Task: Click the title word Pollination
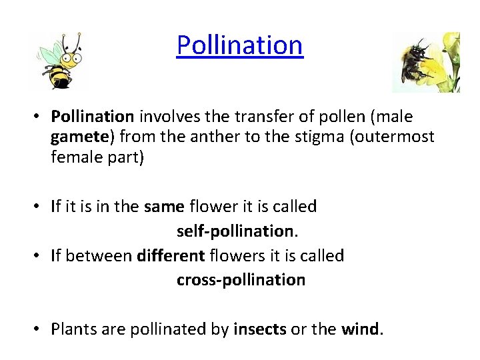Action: point(239,45)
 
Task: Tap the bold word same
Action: point(164,207)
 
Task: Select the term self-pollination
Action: point(235,231)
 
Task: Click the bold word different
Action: point(171,256)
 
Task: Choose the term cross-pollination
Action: point(241,280)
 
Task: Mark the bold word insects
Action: point(259,329)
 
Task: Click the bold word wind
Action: point(360,329)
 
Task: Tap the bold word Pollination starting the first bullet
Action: point(93,117)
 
